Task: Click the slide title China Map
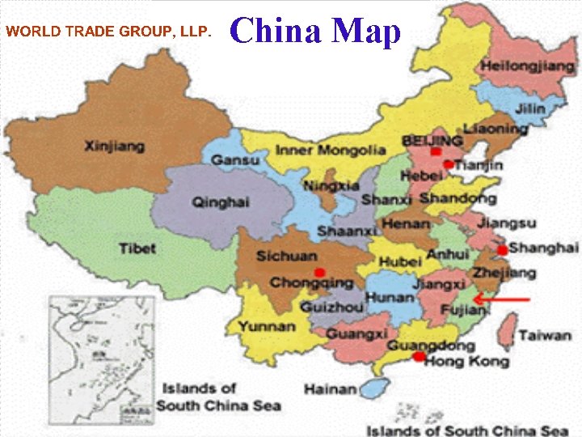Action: [315, 32]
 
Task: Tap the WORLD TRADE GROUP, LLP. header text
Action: [108, 32]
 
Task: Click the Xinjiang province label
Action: [115, 146]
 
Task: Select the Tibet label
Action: [137, 248]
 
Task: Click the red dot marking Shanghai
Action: [502, 249]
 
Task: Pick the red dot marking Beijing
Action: [436, 151]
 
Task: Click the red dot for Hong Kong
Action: [419, 357]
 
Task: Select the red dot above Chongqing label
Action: [320, 272]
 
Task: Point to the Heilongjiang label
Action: [522, 66]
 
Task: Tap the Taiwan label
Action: [545, 334]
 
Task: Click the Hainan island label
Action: [331, 389]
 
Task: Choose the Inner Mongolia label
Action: [331, 150]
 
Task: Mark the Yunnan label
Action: [266, 326]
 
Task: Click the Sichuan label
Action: [286, 256]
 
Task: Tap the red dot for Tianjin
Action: [448, 164]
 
